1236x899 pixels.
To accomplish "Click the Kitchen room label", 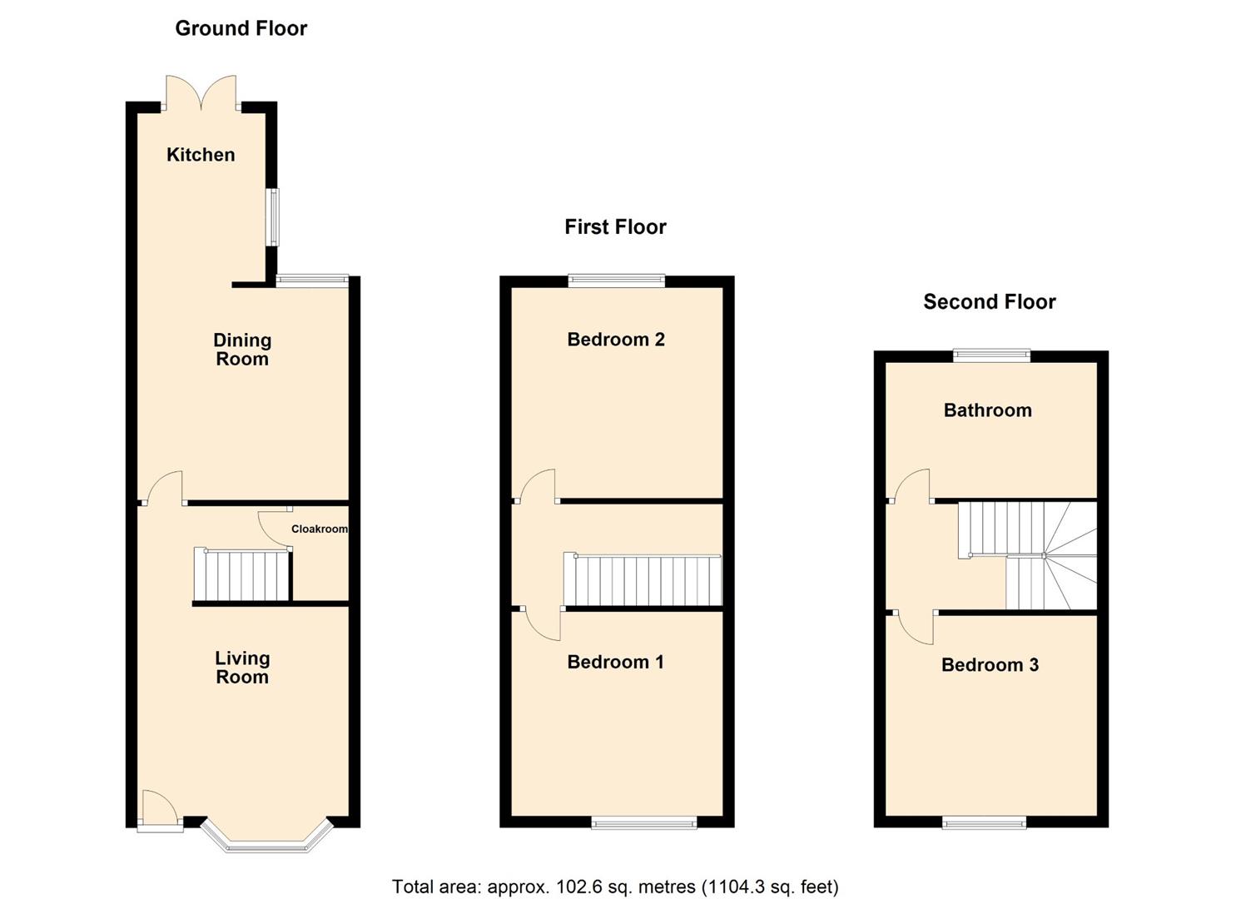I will coord(201,155).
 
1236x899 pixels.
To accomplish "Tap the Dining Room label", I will coord(242,350).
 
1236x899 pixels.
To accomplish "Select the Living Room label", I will coord(242,668).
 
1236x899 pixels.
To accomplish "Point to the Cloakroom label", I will coord(319,529).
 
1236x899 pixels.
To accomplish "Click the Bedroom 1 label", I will coord(615,663).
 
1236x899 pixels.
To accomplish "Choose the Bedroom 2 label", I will coord(615,340).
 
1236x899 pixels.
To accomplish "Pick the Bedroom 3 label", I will coord(990,665).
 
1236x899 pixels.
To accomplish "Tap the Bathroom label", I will coord(987,410).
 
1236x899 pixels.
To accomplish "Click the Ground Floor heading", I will coord(241,28).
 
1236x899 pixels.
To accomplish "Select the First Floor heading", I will coord(615,227).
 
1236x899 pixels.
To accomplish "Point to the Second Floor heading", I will coord(989,302).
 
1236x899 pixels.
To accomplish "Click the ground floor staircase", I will coord(241,574).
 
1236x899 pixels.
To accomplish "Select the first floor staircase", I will coord(643,580).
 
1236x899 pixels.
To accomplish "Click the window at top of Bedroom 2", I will coord(616,281).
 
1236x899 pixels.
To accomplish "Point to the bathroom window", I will coord(991,356).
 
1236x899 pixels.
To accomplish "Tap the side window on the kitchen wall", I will coord(272,217).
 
